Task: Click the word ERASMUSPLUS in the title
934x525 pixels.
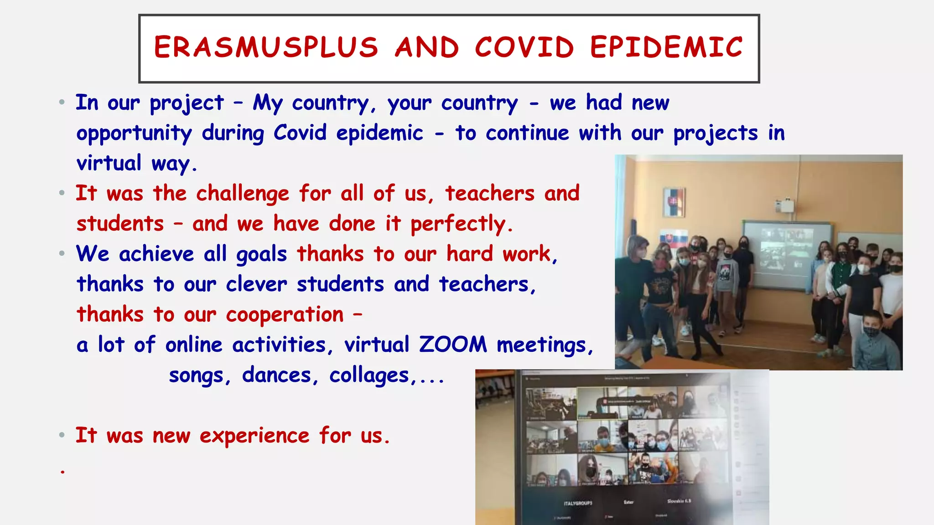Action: pyautogui.click(x=266, y=47)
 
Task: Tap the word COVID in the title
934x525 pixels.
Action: pyautogui.click(x=524, y=47)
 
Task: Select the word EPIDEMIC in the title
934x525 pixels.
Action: pyautogui.click(x=666, y=47)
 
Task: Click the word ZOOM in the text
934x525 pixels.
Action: pyautogui.click(x=453, y=345)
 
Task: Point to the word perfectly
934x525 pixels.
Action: pyautogui.click(x=462, y=224)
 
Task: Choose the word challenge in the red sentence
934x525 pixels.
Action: pyautogui.click(x=243, y=194)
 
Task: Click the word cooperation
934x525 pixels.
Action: pyautogui.click(x=285, y=315)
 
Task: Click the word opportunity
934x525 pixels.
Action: pyautogui.click(x=134, y=134)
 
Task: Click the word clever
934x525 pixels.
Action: pyautogui.click(x=256, y=284)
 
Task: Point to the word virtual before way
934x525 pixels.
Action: pyautogui.click(x=109, y=163)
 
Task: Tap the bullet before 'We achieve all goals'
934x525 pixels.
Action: pyautogui.click(x=62, y=254)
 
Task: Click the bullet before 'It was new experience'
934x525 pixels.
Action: pyautogui.click(x=62, y=436)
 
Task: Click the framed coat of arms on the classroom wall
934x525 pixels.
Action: pyautogui.click(x=674, y=202)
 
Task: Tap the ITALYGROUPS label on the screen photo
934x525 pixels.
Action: pyautogui.click(x=578, y=503)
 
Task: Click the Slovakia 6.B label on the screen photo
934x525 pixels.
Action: pyautogui.click(x=679, y=501)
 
